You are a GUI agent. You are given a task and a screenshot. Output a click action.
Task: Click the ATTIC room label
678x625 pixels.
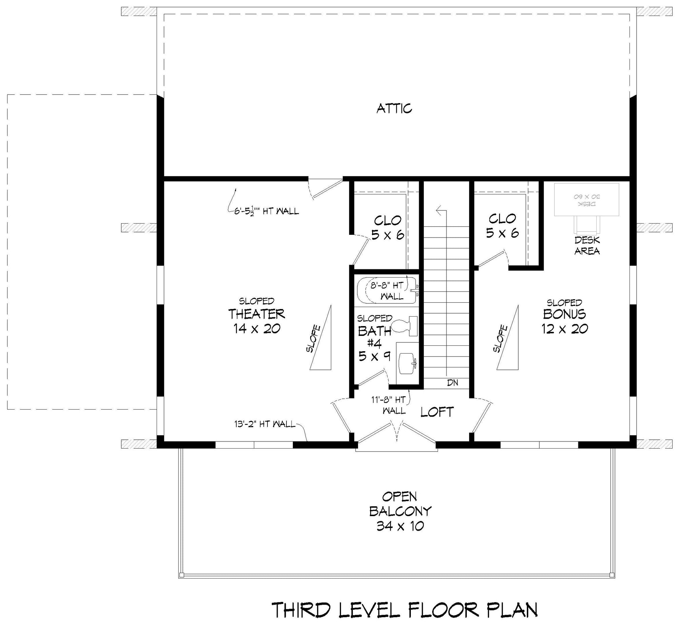click(394, 109)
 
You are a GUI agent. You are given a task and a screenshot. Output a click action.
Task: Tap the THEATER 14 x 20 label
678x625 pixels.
click(257, 321)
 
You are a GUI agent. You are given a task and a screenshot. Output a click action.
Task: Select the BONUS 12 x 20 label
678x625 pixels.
click(564, 321)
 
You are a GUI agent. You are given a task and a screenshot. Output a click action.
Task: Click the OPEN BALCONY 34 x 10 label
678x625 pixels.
click(400, 511)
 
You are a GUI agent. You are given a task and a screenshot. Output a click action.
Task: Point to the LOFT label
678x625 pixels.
click(437, 412)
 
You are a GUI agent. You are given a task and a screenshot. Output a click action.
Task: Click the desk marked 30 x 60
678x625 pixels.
click(586, 200)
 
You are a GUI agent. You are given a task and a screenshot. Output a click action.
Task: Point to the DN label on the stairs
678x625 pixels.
click(453, 383)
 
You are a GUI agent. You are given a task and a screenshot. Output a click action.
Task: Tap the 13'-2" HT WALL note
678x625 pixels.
click(264, 424)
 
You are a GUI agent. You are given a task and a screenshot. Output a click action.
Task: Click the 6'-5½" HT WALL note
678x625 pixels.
click(266, 211)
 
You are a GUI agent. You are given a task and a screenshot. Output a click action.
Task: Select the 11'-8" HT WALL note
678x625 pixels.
click(388, 405)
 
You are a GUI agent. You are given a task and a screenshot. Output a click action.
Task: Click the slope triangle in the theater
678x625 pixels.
click(320, 337)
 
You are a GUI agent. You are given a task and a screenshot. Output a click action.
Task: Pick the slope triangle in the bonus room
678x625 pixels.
click(508, 337)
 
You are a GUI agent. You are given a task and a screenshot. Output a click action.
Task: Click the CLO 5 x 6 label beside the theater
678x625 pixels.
click(388, 227)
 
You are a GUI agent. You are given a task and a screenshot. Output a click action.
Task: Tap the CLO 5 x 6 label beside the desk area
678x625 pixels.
click(502, 226)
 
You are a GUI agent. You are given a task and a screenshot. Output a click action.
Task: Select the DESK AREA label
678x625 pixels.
click(587, 245)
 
